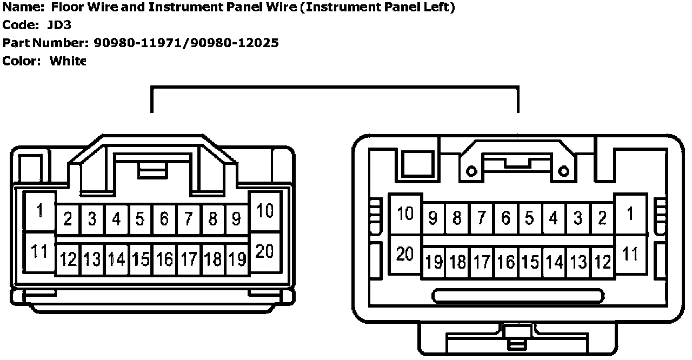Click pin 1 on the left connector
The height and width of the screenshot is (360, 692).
(39, 212)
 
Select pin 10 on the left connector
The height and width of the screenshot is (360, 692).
(265, 212)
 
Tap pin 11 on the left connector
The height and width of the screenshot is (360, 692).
(39, 252)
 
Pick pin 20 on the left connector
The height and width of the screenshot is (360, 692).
(265, 252)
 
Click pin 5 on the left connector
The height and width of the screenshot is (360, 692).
(140, 219)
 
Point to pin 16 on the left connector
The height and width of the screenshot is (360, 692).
(164, 260)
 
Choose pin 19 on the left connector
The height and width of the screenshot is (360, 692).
(237, 260)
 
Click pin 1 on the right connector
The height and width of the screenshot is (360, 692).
(630, 214)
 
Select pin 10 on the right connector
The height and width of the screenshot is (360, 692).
(405, 214)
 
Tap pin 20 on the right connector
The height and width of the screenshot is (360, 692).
(405, 254)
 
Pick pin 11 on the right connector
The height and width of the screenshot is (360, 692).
(630, 254)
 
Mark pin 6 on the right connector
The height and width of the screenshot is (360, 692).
(505, 218)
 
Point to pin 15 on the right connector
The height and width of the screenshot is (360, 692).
(530, 263)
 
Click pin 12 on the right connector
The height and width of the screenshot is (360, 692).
(602, 263)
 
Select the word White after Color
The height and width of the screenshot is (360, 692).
(68, 61)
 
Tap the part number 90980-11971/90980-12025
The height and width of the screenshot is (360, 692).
(186, 43)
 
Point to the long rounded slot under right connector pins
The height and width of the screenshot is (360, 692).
(518, 296)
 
